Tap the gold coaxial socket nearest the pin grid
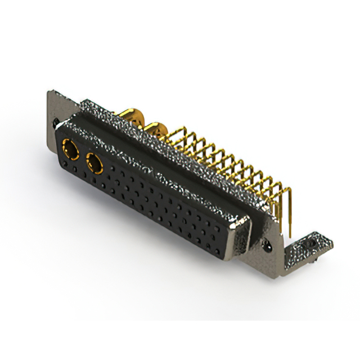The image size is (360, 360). click(94, 164)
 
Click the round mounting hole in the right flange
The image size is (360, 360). click(268, 246)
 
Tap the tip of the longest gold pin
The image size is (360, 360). click(288, 235)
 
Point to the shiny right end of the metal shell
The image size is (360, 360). click(242, 239)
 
